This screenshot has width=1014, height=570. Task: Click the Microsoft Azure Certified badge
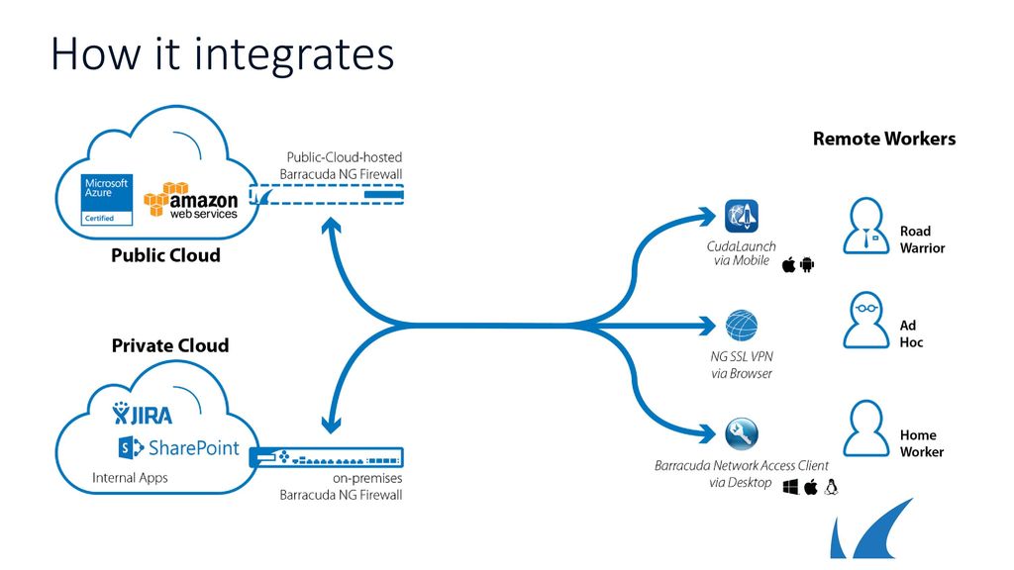107,200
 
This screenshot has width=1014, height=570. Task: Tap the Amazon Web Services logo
191,200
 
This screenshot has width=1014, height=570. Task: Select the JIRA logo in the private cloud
143,414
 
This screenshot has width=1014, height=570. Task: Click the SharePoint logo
179,447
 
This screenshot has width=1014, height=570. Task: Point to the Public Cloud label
165,255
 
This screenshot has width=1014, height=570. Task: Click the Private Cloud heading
170,345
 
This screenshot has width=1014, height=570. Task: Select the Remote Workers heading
884,139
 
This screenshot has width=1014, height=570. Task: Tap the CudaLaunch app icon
741,216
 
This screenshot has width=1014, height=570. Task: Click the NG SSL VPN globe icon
741,325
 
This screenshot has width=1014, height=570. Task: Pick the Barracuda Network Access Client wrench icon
741,433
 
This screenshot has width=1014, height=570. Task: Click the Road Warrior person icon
865,226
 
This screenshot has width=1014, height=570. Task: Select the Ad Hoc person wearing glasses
865,320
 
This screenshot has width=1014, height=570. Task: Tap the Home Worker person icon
865,428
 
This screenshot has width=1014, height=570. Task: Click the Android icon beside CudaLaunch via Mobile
807,264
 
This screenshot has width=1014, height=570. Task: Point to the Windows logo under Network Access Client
790,487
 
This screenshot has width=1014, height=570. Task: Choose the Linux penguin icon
831,487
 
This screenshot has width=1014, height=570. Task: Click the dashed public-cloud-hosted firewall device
327,195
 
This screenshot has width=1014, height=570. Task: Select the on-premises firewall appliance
327,457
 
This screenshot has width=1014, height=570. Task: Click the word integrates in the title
294,54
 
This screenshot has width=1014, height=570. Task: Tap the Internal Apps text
130,478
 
